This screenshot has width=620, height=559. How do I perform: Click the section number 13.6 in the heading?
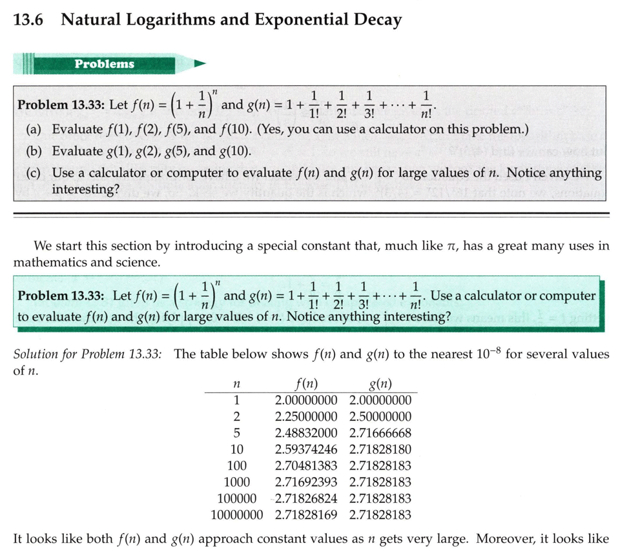(x=28, y=20)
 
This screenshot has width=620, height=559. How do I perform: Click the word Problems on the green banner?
(x=105, y=64)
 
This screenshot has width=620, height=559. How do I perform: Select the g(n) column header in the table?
(x=380, y=383)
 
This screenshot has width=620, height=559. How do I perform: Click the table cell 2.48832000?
(x=306, y=432)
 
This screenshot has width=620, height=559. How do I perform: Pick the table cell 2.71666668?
(x=380, y=432)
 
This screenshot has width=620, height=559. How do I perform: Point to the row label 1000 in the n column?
(x=236, y=482)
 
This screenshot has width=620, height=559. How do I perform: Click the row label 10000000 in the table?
(x=238, y=514)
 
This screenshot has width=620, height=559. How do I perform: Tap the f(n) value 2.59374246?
(x=306, y=449)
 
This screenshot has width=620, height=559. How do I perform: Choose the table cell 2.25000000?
(x=306, y=416)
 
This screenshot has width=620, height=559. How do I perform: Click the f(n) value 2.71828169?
(x=306, y=514)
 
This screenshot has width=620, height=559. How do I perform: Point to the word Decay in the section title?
(x=377, y=20)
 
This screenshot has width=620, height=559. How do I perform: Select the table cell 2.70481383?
(x=306, y=465)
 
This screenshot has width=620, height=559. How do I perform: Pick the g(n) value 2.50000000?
(x=380, y=416)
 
